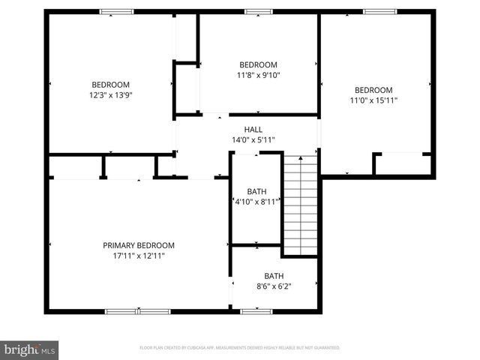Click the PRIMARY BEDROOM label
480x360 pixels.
click(138, 245)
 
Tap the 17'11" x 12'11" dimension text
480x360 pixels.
click(138, 256)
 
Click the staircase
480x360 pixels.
click(301, 205)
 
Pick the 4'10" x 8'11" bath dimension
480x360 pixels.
click(255, 202)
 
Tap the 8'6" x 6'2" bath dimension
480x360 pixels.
click(273, 286)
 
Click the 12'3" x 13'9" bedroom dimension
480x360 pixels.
click(111, 95)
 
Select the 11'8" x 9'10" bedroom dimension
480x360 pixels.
click(258, 75)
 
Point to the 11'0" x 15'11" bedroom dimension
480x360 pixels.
click(373, 100)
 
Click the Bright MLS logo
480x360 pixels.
click(30, 349)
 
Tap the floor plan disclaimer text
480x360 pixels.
click(240, 348)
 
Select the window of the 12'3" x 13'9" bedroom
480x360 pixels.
click(117, 11)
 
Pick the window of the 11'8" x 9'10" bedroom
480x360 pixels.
click(259, 11)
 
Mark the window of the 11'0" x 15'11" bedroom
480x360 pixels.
click(379, 11)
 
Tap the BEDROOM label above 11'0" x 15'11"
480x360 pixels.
click(373, 90)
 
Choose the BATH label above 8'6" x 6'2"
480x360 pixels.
click(273, 275)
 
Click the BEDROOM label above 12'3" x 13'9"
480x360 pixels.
click(111, 85)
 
